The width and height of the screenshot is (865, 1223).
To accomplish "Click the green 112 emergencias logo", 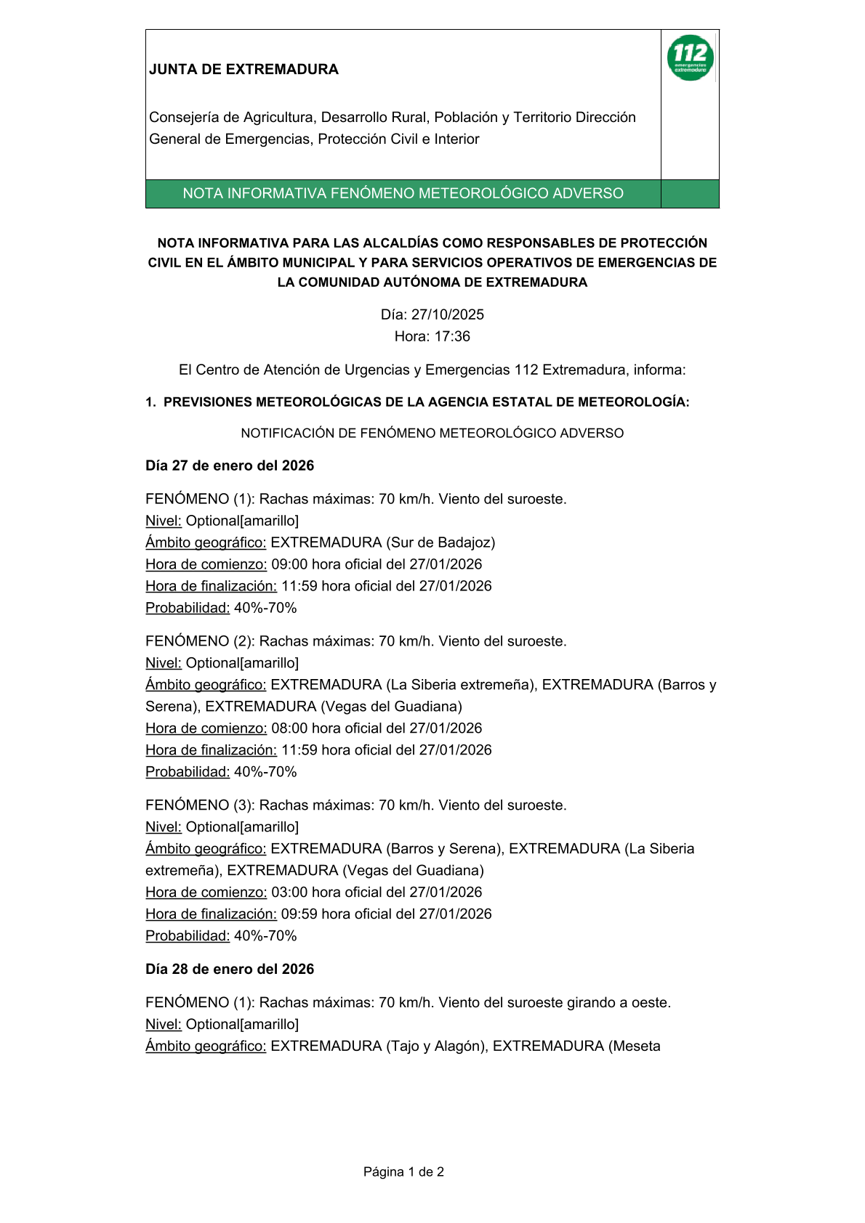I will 690,58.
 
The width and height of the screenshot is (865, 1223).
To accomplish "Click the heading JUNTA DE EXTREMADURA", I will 244,70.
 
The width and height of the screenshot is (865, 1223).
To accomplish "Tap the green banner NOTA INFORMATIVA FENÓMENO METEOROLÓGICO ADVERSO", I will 403,193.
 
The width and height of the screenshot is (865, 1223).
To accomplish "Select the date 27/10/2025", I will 447,314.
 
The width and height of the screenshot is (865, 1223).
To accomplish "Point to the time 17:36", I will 452,336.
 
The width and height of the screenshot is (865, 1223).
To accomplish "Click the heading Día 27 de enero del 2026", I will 230,466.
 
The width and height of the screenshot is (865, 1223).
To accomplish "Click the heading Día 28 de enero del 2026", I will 230,969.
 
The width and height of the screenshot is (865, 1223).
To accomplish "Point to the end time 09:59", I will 299,914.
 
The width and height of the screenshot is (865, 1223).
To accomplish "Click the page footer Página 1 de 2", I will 403,1171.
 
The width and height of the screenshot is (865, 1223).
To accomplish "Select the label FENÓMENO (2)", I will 198,641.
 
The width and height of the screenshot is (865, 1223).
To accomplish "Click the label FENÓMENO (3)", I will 198,805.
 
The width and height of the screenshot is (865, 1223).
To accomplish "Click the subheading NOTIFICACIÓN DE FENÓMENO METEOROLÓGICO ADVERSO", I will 432,434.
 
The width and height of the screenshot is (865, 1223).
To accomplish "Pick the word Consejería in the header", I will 184,118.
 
